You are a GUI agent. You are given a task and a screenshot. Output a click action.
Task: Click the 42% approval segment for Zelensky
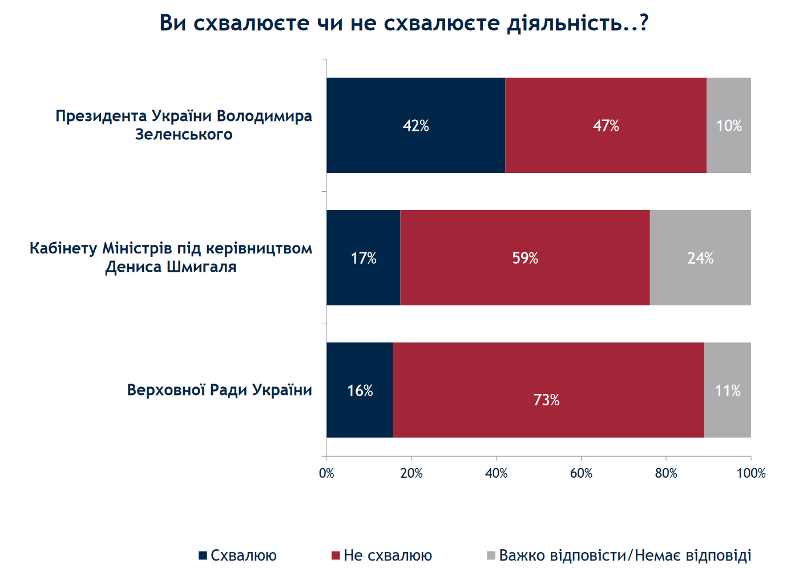click(415, 126)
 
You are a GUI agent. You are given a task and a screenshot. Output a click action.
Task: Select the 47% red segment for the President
click(606, 126)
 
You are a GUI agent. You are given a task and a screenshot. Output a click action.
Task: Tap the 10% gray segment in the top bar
click(729, 126)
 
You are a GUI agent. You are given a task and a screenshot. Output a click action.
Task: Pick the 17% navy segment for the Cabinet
click(364, 258)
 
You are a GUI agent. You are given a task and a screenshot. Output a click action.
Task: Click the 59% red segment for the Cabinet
click(525, 258)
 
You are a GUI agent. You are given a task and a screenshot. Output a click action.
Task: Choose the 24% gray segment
click(700, 258)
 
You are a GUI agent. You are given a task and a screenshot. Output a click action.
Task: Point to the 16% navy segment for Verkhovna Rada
click(360, 390)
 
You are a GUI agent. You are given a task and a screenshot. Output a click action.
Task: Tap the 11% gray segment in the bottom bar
click(728, 390)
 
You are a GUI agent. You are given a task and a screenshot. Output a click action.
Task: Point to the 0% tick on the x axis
click(326, 473)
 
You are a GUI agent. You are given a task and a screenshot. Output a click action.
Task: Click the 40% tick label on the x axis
click(496, 473)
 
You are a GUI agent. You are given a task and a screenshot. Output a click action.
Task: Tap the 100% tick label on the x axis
click(751, 473)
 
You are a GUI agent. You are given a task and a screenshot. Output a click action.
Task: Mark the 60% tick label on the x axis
click(581, 473)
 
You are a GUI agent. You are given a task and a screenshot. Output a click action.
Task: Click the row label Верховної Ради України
click(219, 390)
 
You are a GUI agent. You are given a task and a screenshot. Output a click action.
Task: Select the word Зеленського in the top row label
click(184, 135)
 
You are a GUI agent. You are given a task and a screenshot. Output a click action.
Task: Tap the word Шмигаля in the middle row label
click(201, 267)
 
